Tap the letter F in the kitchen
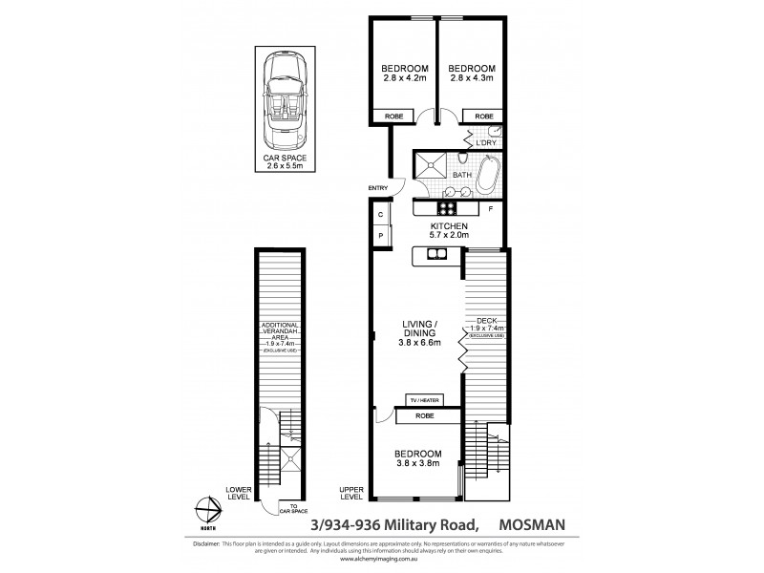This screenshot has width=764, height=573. (490, 208)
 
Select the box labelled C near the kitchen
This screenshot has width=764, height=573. (379, 214)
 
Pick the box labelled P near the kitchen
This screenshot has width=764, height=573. (379, 235)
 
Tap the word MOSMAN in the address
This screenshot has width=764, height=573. (541, 522)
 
